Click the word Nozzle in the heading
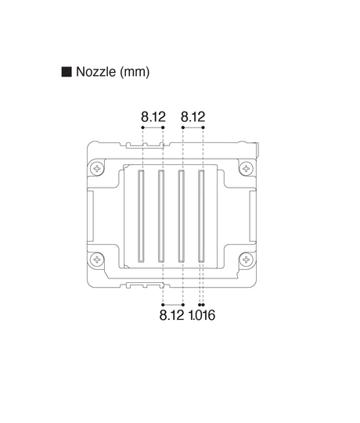coord(95,72)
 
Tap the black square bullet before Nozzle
coord(67,72)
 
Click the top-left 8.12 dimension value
coord(153,117)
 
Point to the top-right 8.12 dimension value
coord(193,117)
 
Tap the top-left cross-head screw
coord(97,168)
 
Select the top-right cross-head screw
coord(247,168)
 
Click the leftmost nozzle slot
coord(142,214)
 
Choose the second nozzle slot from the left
coord(161,214)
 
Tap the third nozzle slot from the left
coord(182,214)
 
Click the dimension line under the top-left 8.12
coord(152,129)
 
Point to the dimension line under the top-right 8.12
coord(193,129)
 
